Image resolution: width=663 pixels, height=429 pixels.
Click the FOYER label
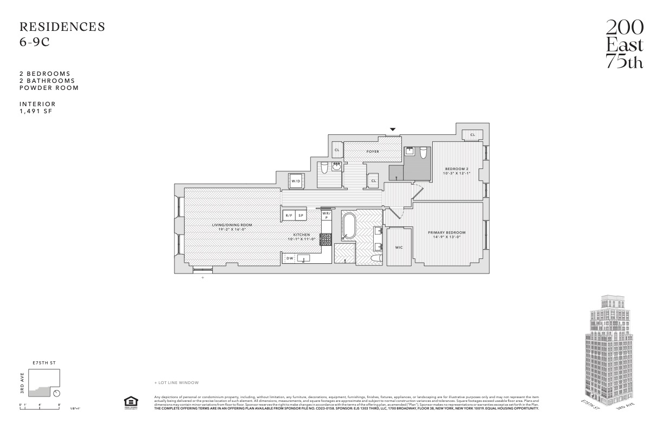coord(372,152)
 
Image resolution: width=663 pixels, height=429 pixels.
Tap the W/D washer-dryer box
coord(296,181)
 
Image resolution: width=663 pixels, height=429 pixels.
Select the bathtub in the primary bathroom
coord(348,227)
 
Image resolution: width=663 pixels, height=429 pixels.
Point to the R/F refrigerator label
coord(289,216)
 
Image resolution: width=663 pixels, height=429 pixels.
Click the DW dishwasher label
coord(289,258)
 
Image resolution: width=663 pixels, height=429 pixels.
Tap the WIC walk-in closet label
coord(399,248)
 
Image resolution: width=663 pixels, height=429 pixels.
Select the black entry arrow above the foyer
coord(393,129)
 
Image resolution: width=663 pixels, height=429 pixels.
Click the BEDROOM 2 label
coord(456,168)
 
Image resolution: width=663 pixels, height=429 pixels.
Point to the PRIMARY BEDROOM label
coord(447,232)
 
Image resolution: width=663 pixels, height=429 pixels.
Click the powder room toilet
coord(324,167)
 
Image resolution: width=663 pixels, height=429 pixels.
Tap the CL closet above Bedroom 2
coord(472,134)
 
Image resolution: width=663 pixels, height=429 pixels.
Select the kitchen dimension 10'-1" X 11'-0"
coord(301,239)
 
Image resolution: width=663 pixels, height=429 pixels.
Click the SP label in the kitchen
coord(301,216)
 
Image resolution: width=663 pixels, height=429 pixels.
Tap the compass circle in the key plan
coord(57,393)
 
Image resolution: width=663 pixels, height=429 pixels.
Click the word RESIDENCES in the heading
coord(62,27)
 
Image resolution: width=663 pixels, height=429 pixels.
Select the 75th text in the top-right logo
coord(624,62)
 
